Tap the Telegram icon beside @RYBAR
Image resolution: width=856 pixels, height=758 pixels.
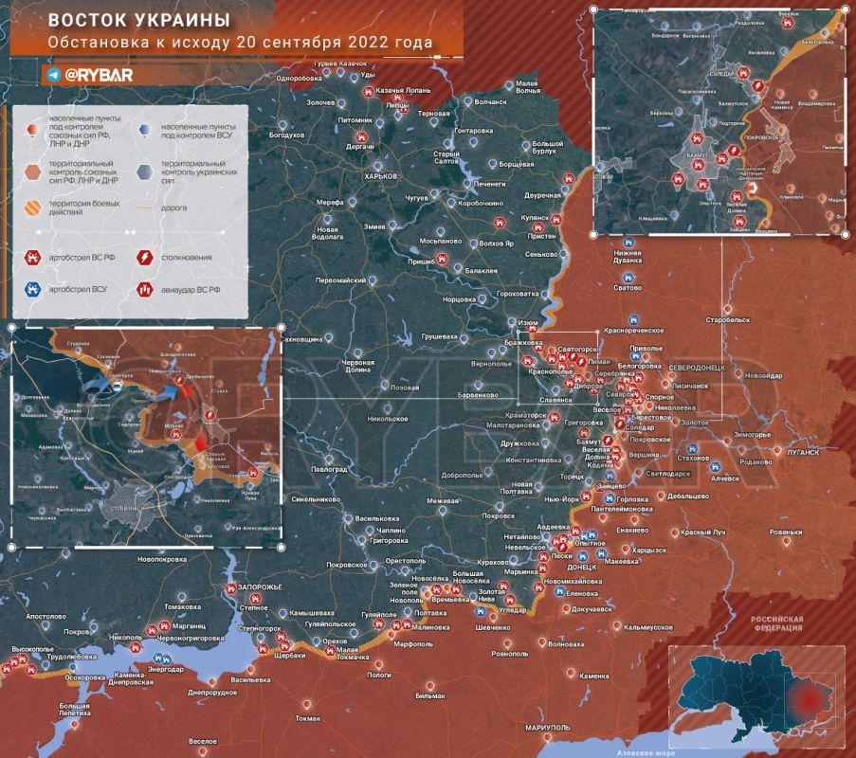pos(53,74)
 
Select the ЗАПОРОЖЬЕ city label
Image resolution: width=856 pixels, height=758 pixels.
pos(260,587)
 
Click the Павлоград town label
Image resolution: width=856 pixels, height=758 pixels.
pos(329,469)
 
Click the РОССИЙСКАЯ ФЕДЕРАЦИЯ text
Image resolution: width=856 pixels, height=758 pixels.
pos(776,623)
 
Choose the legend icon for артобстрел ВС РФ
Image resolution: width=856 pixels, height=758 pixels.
pos(31,257)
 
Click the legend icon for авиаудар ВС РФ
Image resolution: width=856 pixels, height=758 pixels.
pos(146,288)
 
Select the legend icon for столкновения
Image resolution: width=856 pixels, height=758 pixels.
pos(146,257)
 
